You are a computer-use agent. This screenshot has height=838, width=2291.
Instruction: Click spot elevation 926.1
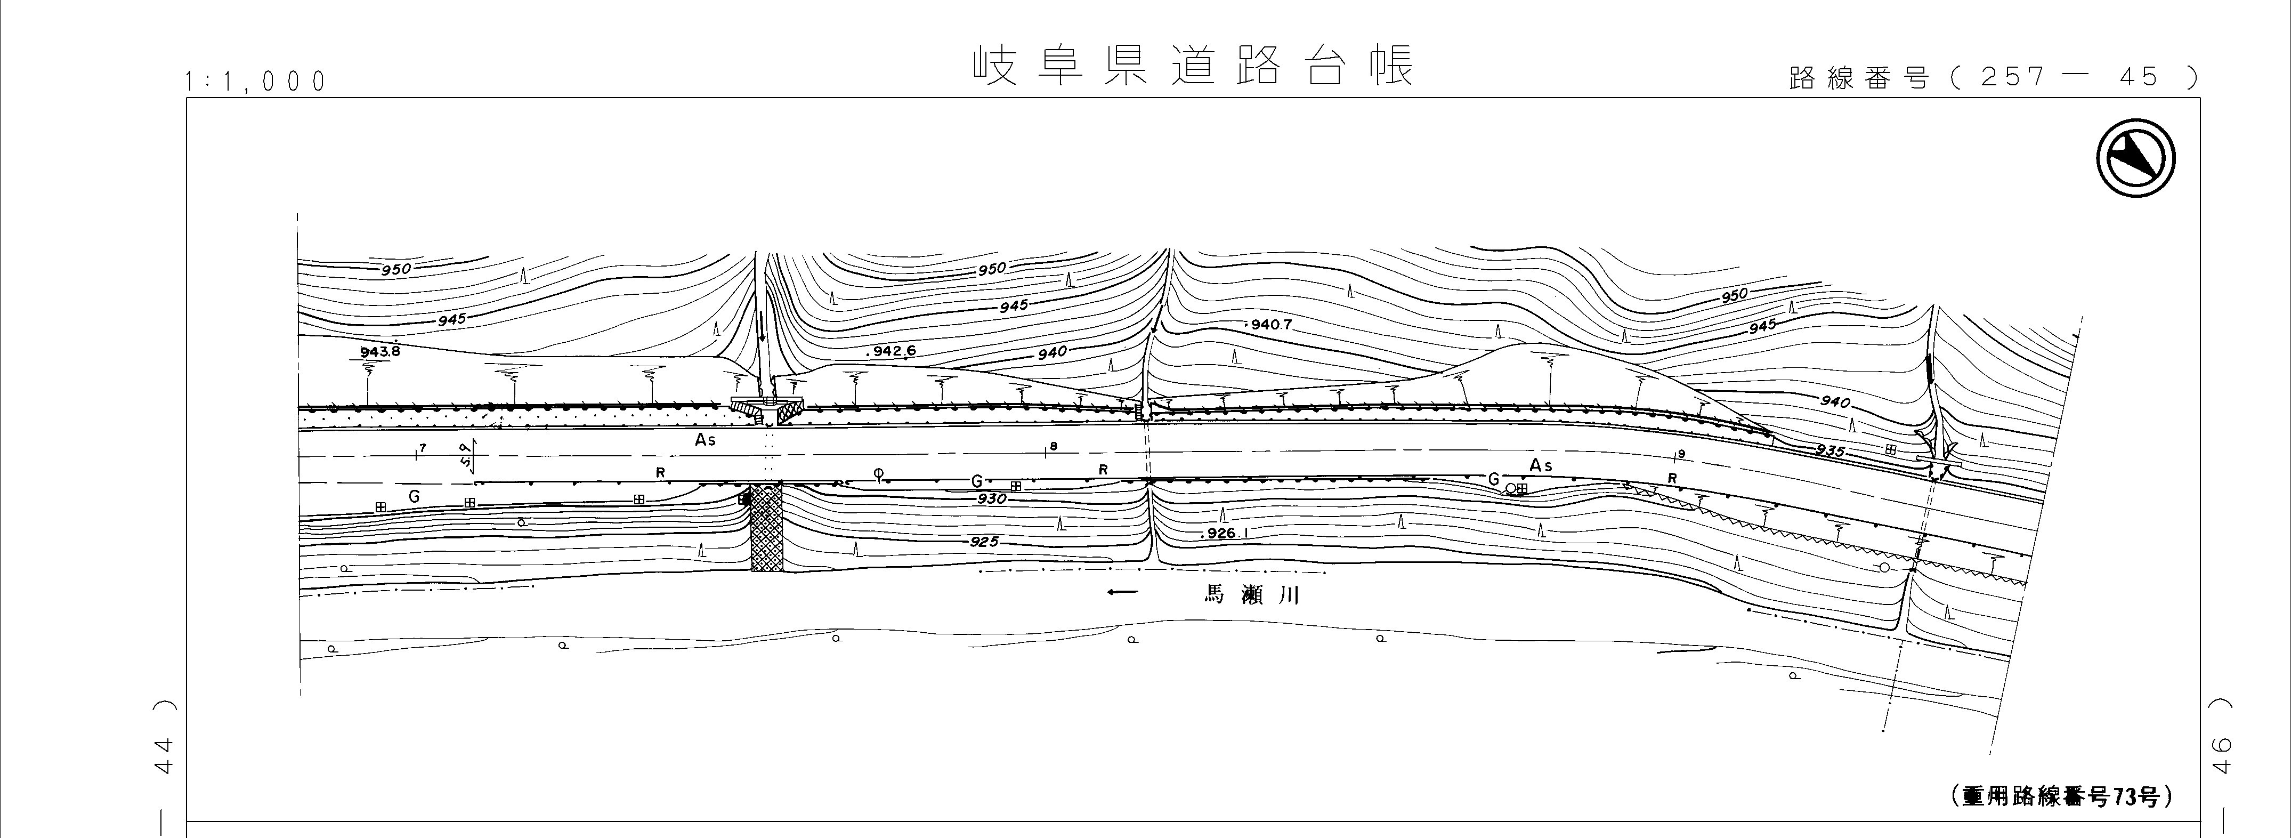(x=1223, y=534)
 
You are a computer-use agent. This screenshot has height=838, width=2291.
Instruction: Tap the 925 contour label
(x=984, y=542)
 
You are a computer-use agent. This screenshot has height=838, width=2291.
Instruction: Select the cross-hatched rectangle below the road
(x=767, y=528)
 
